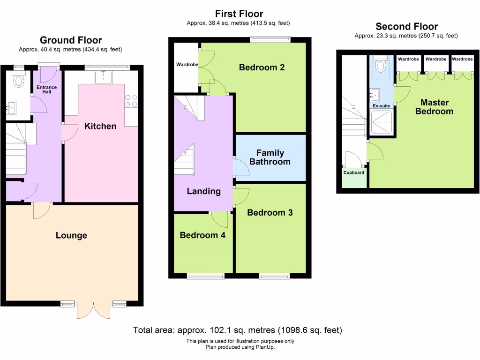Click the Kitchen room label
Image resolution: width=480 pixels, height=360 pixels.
(x=100, y=126)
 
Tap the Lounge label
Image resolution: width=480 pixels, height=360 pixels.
(x=71, y=235)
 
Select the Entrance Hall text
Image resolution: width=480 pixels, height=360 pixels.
(x=47, y=89)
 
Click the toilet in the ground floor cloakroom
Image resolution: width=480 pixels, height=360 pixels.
(x=19, y=80)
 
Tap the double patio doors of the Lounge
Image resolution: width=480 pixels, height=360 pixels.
(x=94, y=310)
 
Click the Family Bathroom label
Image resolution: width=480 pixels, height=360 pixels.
(x=270, y=157)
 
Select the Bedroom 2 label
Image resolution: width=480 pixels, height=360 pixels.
(x=262, y=67)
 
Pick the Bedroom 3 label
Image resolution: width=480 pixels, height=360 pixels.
(x=270, y=213)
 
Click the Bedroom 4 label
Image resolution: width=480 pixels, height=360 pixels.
(x=202, y=235)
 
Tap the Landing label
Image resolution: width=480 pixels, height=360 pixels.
(x=203, y=191)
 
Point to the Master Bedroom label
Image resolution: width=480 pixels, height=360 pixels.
(x=435, y=107)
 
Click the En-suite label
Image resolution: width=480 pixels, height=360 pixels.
(x=381, y=106)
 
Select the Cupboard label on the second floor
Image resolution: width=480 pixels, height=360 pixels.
(x=353, y=172)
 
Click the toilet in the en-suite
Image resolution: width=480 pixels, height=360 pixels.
(x=380, y=65)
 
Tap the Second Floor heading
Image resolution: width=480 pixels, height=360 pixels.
(x=406, y=27)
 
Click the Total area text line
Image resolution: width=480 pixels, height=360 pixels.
(x=238, y=330)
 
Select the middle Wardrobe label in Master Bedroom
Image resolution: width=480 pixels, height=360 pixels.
(x=435, y=59)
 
